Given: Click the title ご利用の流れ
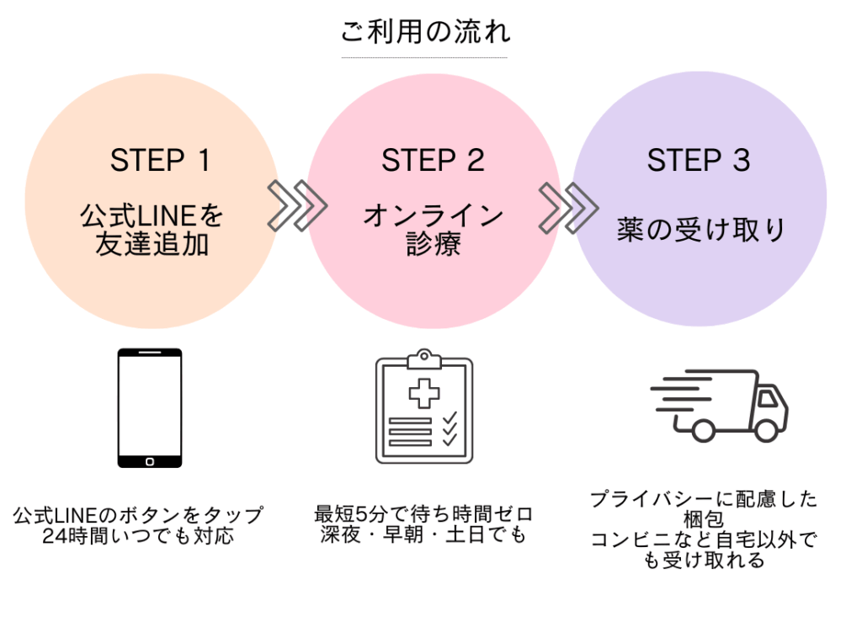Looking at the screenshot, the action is click(x=425, y=31).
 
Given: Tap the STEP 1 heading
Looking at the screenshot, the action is click(x=160, y=161).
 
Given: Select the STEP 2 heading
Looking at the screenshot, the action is click(x=433, y=161).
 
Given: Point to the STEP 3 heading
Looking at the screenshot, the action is click(x=698, y=161).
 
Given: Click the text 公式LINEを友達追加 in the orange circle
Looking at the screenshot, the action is click(x=152, y=230).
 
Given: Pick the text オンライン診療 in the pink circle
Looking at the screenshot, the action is click(x=434, y=230).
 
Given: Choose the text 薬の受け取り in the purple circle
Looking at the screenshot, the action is click(x=700, y=230).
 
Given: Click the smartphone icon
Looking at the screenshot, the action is click(x=150, y=407).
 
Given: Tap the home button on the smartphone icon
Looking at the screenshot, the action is click(x=150, y=461).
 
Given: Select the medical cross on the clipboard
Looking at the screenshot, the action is click(x=424, y=393).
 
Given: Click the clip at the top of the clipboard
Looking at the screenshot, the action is click(x=424, y=359).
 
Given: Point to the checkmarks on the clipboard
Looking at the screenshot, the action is click(x=450, y=428).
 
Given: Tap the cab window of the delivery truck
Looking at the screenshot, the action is click(x=768, y=398).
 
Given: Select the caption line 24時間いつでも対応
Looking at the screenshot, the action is click(x=138, y=536).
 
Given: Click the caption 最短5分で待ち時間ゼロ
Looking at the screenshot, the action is click(x=423, y=513).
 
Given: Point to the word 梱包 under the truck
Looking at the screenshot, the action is click(x=703, y=519).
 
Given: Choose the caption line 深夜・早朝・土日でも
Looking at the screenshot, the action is click(x=423, y=534).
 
